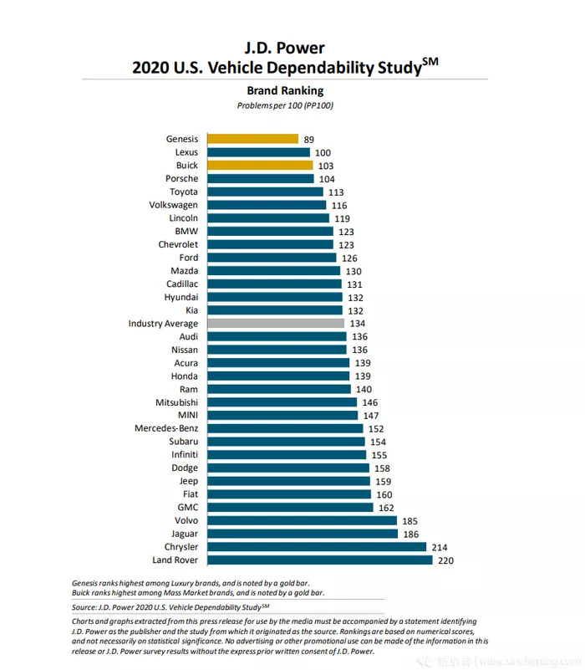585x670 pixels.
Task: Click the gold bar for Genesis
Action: pos(252,139)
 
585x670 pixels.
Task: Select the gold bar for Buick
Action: pos(260,166)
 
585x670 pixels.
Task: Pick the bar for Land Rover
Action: pos(319,560)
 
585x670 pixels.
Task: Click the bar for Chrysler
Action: pos(317,546)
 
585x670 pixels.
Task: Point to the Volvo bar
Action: pos(302,520)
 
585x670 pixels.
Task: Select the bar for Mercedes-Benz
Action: pos(283,428)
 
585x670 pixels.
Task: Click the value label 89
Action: pos(310,139)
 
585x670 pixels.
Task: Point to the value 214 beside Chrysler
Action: pos(440,546)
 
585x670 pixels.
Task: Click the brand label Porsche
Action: pos(182,179)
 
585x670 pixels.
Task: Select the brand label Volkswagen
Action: pos(174,205)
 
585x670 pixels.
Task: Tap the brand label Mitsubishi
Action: pos(176,402)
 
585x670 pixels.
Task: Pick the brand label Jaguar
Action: pos(183,534)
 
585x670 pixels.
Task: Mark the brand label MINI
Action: pos(186,415)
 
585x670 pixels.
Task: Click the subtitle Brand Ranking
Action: pos(285,90)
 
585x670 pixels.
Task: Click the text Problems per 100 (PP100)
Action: pos(286,105)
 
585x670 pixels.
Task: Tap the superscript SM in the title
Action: pos(430,59)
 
